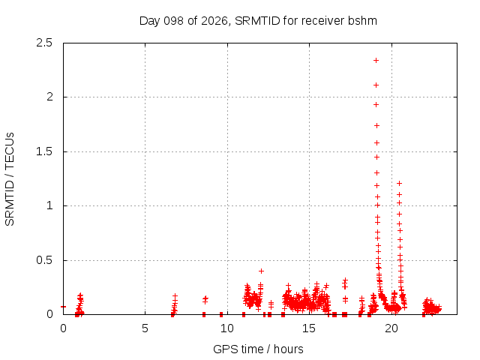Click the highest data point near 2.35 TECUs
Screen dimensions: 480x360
[376, 61]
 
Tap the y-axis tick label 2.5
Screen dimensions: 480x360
[44, 43]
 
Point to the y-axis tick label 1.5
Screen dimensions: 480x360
[44, 151]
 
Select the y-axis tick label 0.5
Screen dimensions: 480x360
[44, 260]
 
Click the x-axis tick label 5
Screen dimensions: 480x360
[145, 328]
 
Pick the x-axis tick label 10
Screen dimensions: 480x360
[227, 328]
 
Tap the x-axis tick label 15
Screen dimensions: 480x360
[309, 328]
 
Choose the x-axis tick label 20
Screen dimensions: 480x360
[391, 328]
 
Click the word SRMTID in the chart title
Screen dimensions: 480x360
[257, 21]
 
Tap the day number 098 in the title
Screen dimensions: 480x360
[173, 21]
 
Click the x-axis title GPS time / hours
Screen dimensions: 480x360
[258, 349]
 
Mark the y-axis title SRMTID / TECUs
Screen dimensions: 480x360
[10, 179]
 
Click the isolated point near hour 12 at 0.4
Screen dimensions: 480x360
[261, 271]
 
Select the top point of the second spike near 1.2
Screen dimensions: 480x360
[399, 183]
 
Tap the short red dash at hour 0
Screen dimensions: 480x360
[63, 307]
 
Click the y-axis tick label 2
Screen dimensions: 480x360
[49, 97]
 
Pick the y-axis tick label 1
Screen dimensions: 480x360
[49, 205]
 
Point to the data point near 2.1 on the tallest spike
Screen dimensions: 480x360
[376, 85]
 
